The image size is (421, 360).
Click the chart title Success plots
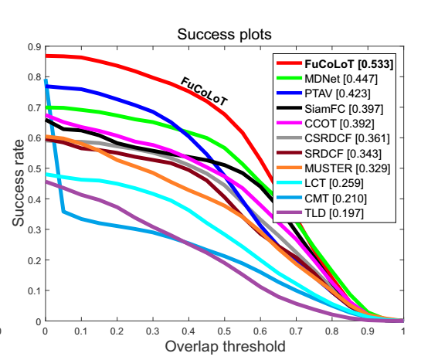[224, 36]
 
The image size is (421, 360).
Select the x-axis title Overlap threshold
[224, 345]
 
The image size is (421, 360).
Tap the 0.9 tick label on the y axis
[33, 47]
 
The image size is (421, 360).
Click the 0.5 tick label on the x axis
[224, 330]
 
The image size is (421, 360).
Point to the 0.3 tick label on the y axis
[33, 230]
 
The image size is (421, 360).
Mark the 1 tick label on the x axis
[402, 330]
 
